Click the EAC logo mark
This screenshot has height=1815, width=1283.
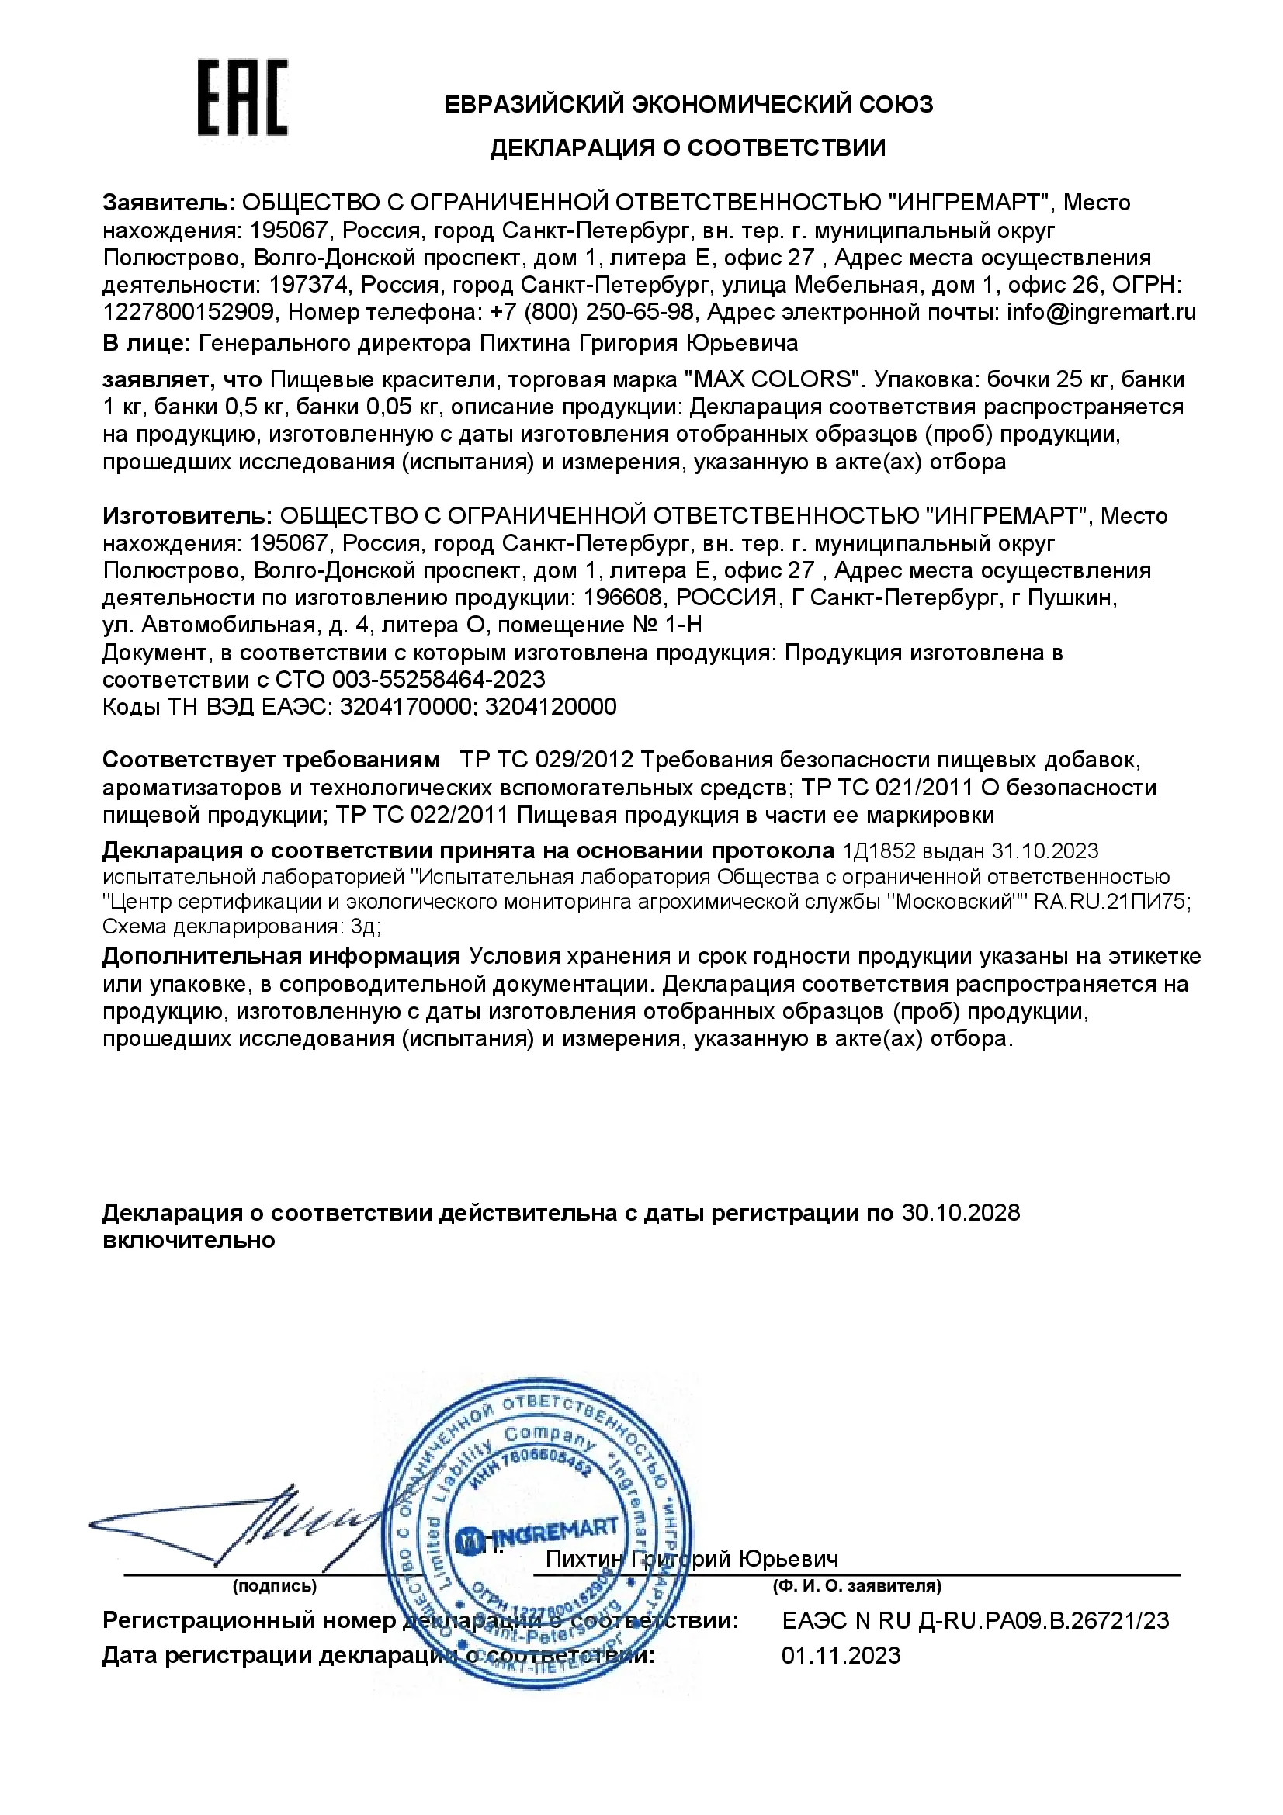[242, 97]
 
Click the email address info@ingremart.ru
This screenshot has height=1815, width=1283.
[1101, 312]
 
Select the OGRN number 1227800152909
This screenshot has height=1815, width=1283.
[188, 312]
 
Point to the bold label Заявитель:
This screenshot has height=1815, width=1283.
[168, 203]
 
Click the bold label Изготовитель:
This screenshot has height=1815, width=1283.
[187, 515]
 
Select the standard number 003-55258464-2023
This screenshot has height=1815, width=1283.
[438, 679]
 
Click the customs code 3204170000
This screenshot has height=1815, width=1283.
[404, 706]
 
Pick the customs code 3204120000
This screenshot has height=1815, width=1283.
[550, 706]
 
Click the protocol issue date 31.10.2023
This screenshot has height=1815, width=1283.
[1045, 850]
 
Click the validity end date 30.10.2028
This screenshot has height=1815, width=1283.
[960, 1213]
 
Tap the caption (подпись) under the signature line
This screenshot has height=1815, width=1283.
[274, 1586]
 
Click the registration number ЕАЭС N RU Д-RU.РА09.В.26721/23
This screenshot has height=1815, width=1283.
[976, 1620]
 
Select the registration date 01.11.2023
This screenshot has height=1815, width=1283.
[841, 1656]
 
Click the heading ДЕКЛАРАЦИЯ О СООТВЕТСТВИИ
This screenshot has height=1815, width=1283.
[688, 148]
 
